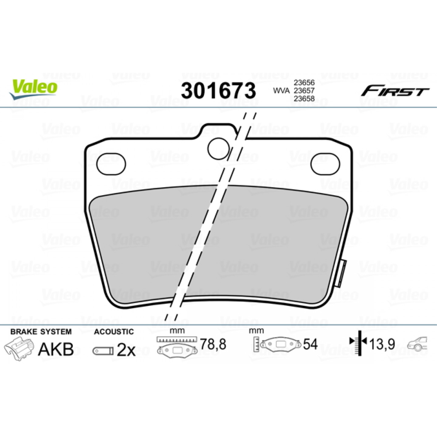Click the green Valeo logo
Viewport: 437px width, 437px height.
33,89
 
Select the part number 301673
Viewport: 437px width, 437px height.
218,91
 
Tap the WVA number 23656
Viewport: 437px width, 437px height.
304,82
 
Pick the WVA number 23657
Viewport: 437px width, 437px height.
304,91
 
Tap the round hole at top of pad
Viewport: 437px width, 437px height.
219,148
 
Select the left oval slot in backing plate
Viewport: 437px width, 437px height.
111,164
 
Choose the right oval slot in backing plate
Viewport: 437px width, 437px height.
325,164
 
